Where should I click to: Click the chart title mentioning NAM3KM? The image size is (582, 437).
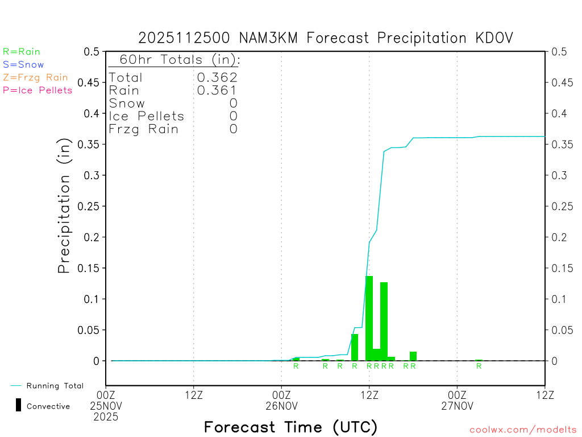pyautogui.click(x=326, y=38)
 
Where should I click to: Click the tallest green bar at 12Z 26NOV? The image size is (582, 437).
pyautogui.click(x=369, y=318)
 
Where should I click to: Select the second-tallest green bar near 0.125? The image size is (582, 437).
pyautogui.click(x=384, y=321)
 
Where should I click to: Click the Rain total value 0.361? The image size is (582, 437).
pyautogui.click(x=217, y=90)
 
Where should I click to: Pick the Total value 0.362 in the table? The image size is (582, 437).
pyautogui.click(x=217, y=77)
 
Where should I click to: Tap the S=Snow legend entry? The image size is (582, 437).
pyautogui.click(x=23, y=64)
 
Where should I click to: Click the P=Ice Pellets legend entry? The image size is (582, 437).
pyautogui.click(x=38, y=90)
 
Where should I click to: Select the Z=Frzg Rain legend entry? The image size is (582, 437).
pyautogui.click(x=35, y=77)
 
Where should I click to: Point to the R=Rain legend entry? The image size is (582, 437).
pyautogui.click(x=22, y=52)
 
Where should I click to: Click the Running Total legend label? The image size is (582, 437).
pyautogui.click(x=55, y=386)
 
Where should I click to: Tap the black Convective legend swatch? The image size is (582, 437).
pyautogui.click(x=19, y=405)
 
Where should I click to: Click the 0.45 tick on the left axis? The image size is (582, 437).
pyautogui.click(x=92, y=83)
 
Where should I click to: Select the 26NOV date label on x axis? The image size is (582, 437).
pyautogui.click(x=281, y=406)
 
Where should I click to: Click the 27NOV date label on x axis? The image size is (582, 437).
pyautogui.click(x=457, y=406)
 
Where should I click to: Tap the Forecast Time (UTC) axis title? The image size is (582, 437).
pyautogui.click(x=290, y=427)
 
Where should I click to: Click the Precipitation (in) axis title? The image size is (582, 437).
pyautogui.click(x=64, y=206)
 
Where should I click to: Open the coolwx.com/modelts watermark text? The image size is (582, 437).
pyautogui.click(x=523, y=430)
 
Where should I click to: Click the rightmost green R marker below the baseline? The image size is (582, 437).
pyautogui.click(x=479, y=366)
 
